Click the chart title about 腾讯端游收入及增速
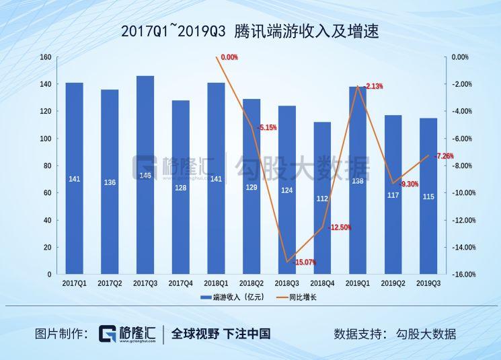[x=249, y=32]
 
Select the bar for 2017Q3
[x=145, y=175]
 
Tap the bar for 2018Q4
[x=323, y=199]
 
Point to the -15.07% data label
[x=304, y=262]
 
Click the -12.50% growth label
[x=339, y=227]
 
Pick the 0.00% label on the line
[x=229, y=58]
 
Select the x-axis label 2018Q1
[x=216, y=284]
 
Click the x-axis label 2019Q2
[x=393, y=284]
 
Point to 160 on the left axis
[x=46, y=57]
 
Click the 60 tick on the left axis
[x=48, y=193]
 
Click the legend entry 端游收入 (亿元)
[x=227, y=297]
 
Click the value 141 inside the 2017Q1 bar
[x=74, y=179]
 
